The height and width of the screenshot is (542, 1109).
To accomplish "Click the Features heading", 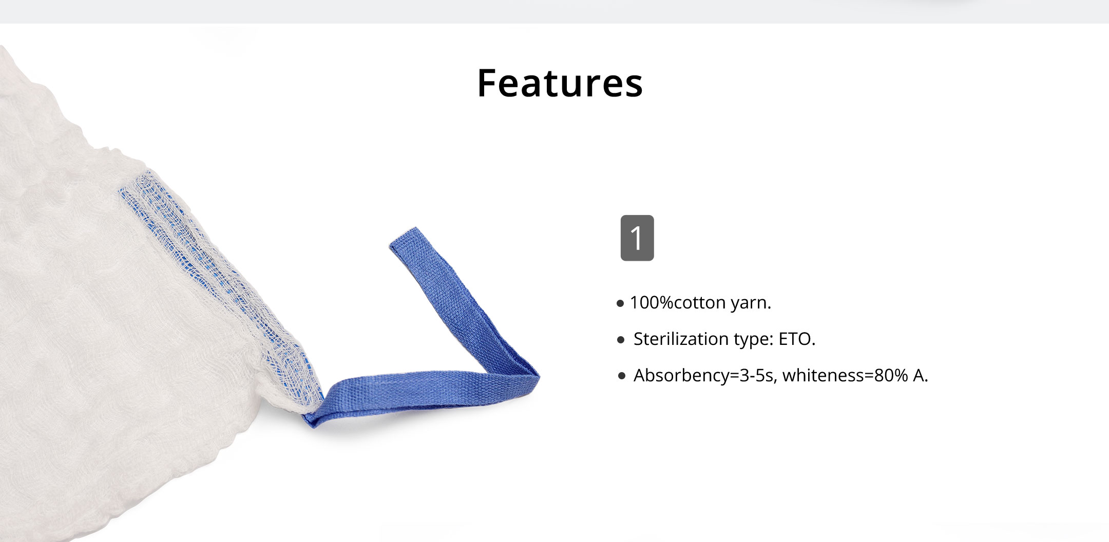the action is click(x=560, y=83).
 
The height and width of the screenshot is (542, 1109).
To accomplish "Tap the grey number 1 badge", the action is click(x=637, y=238).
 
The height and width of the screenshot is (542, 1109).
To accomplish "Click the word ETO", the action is click(x=797, y=339).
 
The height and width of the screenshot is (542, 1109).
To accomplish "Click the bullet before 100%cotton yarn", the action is click(x=620, y=303).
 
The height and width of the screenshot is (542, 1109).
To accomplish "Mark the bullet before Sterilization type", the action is click(x=621, y=340).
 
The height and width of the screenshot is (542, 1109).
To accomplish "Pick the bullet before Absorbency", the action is click(x=622, y=376).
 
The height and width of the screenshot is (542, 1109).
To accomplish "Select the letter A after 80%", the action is click(x=921, y=375).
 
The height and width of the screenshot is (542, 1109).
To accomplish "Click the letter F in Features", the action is click(x=488, y=83).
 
